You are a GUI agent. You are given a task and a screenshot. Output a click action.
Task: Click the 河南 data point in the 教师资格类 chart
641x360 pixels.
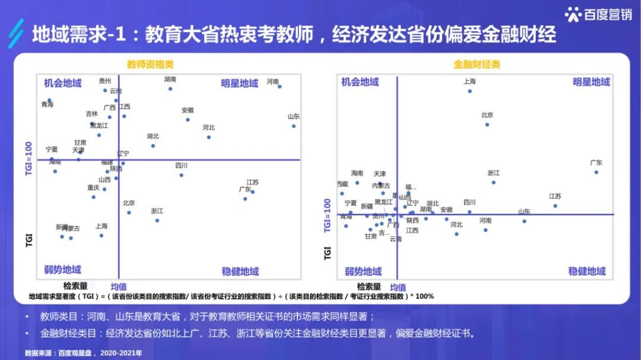pos(280,87)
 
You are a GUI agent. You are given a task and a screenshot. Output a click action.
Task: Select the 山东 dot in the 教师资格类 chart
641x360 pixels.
pos(293,126)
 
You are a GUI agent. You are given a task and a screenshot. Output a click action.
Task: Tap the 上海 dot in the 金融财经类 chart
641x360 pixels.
pos(469,91)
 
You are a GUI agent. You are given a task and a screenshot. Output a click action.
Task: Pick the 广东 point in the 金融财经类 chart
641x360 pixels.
pos(596,172)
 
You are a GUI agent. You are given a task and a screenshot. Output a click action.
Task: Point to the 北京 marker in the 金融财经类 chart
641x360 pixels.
pos(487,125)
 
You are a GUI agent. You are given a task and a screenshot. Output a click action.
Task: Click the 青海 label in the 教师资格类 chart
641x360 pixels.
pos(47,105)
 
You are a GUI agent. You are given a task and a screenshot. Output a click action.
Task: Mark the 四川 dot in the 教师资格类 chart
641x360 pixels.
pos(181,175)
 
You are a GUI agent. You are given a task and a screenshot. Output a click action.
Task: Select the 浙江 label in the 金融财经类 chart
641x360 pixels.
pos(493,173)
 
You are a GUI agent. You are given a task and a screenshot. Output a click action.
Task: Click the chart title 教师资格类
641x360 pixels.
pos(150,64)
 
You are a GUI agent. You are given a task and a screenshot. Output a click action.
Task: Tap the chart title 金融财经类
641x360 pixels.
pos(477,64)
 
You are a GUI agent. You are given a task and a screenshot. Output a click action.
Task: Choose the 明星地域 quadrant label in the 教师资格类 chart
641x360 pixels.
pos(239,83)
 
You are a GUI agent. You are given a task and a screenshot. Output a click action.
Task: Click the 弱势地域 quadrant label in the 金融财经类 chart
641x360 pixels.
pos(363,272)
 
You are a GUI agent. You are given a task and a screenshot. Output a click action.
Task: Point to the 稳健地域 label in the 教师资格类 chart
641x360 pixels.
pos(240,272)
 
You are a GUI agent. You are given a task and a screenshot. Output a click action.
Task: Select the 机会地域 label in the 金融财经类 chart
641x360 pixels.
pos(360,82)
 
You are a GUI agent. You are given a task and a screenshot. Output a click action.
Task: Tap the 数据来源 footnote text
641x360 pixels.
pos(84,353)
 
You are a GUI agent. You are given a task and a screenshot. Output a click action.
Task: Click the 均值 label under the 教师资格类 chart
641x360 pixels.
pos(119,286)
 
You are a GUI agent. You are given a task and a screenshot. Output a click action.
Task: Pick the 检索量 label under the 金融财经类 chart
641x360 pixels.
pos(369,286)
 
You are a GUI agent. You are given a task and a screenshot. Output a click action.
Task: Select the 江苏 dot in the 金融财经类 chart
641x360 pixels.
pos(555,206)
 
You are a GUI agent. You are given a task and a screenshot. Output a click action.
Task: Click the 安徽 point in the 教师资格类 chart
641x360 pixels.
pos(188,119)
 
